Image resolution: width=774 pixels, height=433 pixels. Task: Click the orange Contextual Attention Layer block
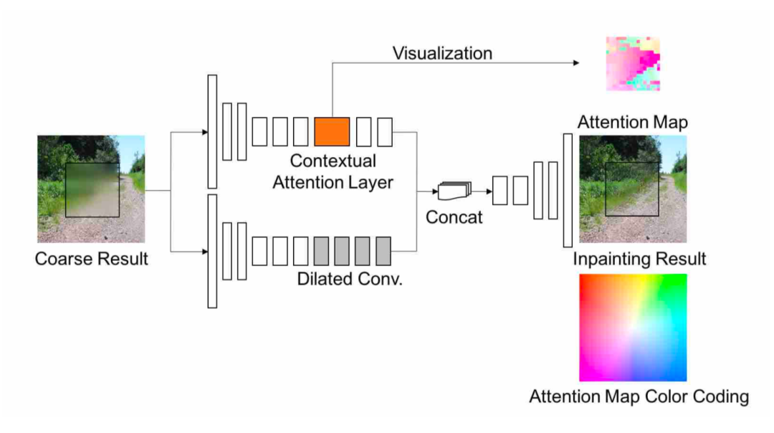332,131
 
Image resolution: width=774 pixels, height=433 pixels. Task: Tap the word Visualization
442,53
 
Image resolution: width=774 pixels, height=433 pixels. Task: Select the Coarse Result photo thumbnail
91,189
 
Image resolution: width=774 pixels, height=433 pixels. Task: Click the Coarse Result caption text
91,259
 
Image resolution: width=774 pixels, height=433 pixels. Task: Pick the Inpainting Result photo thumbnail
633,189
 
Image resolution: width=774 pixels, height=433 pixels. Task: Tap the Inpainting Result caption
639,258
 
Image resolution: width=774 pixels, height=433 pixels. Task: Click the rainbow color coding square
633,328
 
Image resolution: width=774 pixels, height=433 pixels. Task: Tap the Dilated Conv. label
350,279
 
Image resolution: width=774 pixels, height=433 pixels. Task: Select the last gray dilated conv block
383,250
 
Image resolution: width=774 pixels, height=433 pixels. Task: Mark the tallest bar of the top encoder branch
212,131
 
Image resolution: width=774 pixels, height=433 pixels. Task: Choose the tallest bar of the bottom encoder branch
212,251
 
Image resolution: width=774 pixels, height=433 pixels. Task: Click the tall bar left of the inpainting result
568,190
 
